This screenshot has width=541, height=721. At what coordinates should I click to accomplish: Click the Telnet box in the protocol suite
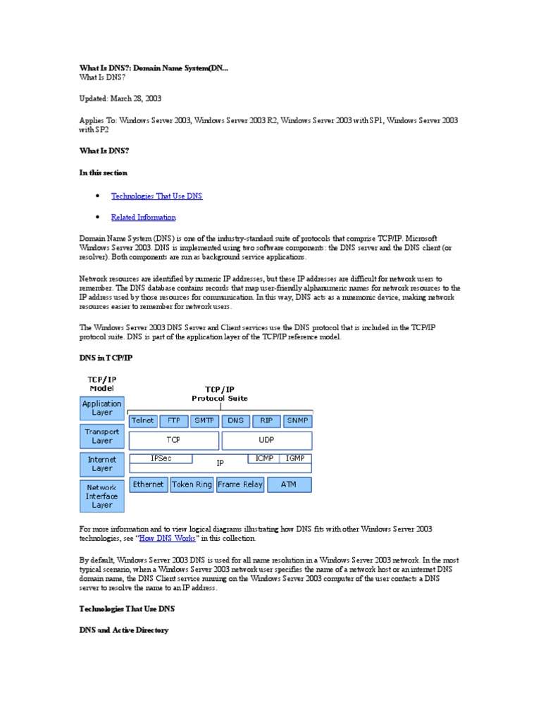tap(143, 420)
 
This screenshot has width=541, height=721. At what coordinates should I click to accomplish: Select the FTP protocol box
tap(173, 420)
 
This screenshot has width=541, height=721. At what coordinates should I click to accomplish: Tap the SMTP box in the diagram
tap(204, 420)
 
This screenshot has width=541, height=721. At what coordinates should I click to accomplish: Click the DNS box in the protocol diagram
tap(235, 420)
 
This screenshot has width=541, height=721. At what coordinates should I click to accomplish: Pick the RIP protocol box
tap(266, 420)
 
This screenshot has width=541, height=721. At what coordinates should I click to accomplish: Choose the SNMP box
tap(297, 420)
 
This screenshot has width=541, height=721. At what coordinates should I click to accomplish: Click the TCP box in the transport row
tap(173, 440)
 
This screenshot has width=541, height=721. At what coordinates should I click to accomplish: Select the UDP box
tap(266, 440)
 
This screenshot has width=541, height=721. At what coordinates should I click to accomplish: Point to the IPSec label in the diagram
tap(161, 458)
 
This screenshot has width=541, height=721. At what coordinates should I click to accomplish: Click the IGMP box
tap(295, 458)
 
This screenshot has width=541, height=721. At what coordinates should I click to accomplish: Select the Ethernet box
tap(149, 484)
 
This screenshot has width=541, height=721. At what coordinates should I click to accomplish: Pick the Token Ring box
tap(192, 484)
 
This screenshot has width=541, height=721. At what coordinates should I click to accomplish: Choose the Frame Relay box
tap(240, 484)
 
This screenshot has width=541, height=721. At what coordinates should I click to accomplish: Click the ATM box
tap(289, 484)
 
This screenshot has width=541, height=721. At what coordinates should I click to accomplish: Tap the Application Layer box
tap(102, 408)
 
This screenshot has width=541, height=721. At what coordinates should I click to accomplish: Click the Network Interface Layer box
tap(102, 496)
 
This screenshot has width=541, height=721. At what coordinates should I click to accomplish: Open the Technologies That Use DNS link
tap(156, 196)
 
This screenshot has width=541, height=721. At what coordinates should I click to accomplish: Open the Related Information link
tap(143, 218)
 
